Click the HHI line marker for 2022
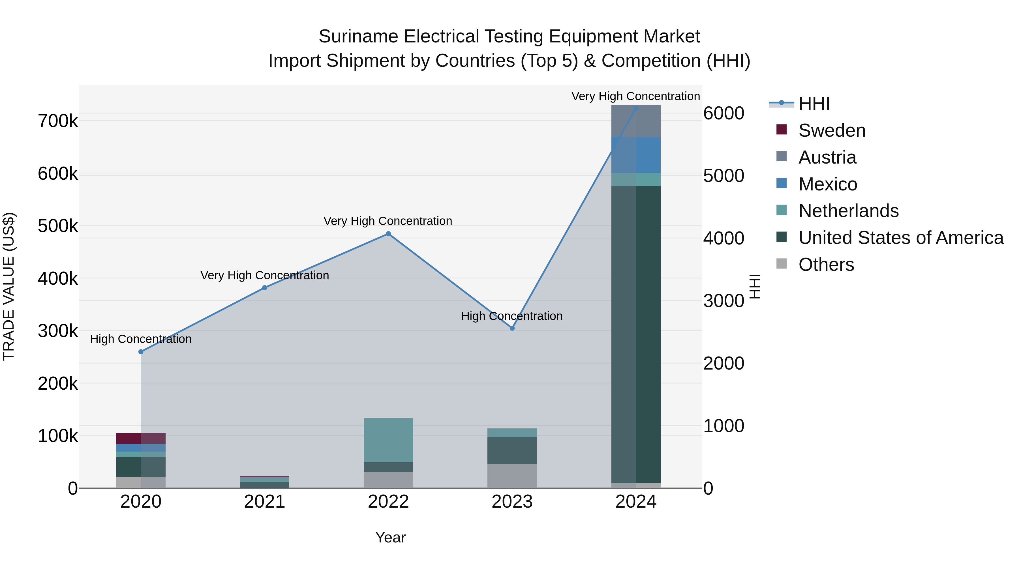(388, 234)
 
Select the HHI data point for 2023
(512, 328)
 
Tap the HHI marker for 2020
(141, 351)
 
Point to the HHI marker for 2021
(265, 288)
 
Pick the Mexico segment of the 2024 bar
(636, 154)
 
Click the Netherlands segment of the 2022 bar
(388, 440)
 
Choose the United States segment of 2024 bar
(636, 334)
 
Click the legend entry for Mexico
(828, 184)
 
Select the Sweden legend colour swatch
(781, 130)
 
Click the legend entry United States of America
(901, 238)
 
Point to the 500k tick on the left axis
(58, 226)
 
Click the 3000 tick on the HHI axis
(723, 301)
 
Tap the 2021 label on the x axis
(265, 502)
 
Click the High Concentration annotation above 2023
(511, 316)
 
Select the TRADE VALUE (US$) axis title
(9, 286)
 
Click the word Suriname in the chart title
(358, 37)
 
